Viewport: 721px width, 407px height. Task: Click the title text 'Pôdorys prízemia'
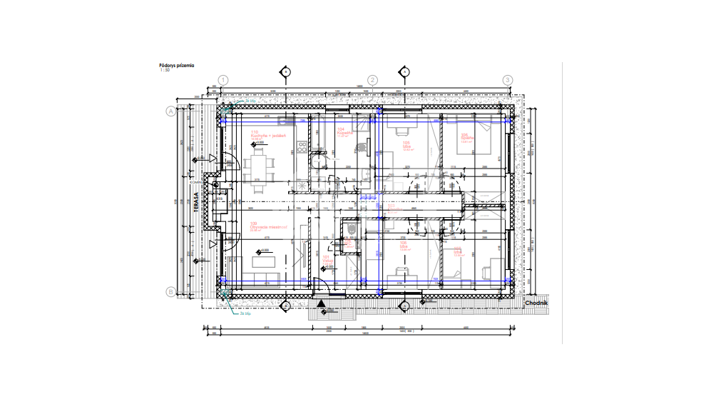175,65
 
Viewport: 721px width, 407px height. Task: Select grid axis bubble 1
223,80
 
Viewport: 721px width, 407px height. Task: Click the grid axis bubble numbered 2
372,80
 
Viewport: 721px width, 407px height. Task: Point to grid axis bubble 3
508,80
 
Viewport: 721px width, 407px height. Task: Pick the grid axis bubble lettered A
170,111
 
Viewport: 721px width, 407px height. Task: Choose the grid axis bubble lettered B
170,291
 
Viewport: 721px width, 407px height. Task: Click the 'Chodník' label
535,302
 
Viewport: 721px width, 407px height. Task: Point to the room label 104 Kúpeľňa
342,132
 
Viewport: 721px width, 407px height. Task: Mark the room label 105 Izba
407,145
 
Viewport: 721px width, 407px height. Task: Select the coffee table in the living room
263,261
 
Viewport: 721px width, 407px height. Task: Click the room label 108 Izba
403,245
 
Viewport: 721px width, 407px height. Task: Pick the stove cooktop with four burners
302,149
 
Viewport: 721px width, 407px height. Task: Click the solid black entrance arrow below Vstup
322,303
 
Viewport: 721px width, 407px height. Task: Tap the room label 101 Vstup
327,259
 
